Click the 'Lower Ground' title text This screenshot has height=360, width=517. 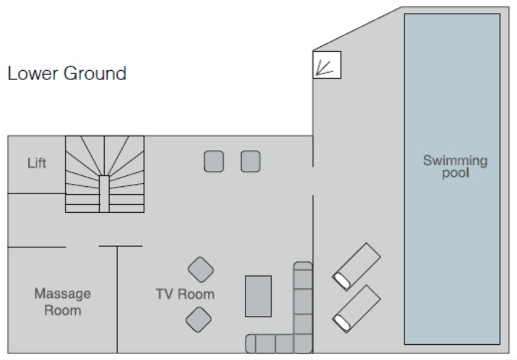pos(66,73)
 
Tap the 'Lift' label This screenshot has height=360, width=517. pos(37,163)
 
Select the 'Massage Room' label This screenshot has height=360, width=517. pos(63,302)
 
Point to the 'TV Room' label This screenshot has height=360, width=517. pos(185,294)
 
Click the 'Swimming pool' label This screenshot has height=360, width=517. pos(455,167)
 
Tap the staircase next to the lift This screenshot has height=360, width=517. pos(104,174)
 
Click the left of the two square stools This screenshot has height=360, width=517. pos(214,161)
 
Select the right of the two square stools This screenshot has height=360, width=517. pos(250,161)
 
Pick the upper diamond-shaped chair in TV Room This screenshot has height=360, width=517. pos(200,270)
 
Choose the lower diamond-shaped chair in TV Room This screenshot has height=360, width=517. pos(199,319)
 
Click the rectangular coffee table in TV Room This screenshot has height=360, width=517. pos(258,296)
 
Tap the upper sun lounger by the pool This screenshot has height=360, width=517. pos(356,266)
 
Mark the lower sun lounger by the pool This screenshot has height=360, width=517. pos(356,309)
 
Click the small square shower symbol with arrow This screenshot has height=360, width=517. pos(326,64)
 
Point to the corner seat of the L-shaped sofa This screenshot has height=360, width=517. pos(302,343)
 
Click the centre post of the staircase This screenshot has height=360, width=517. pos(104,193)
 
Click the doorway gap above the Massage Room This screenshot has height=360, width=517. pos(82,247)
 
